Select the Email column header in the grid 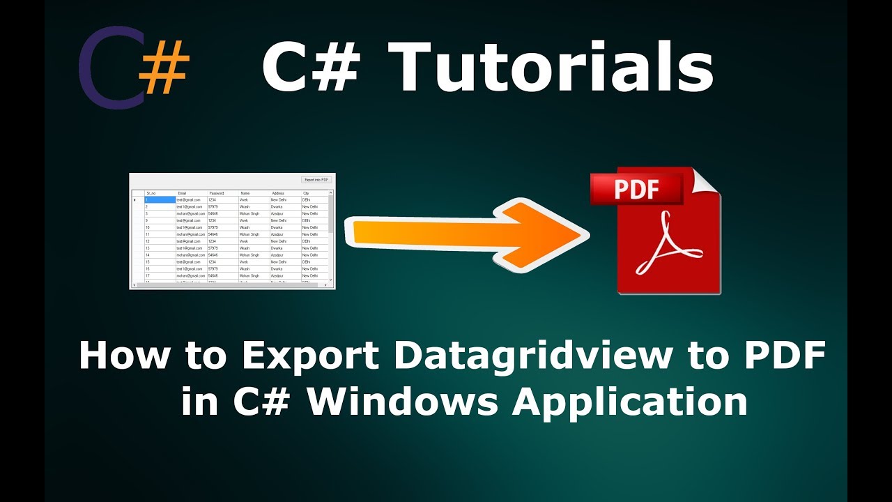(x=183, y=193)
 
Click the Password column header (x=217, y=193)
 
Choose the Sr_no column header (x=151, y=193)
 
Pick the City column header (x=306, y=193)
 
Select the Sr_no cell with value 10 (x=148, y=227)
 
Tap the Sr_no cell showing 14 (x=148, y=255)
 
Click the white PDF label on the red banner (x=636, y=189)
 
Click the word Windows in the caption (x=407, y=402)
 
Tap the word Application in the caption (x=630, y=402)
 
